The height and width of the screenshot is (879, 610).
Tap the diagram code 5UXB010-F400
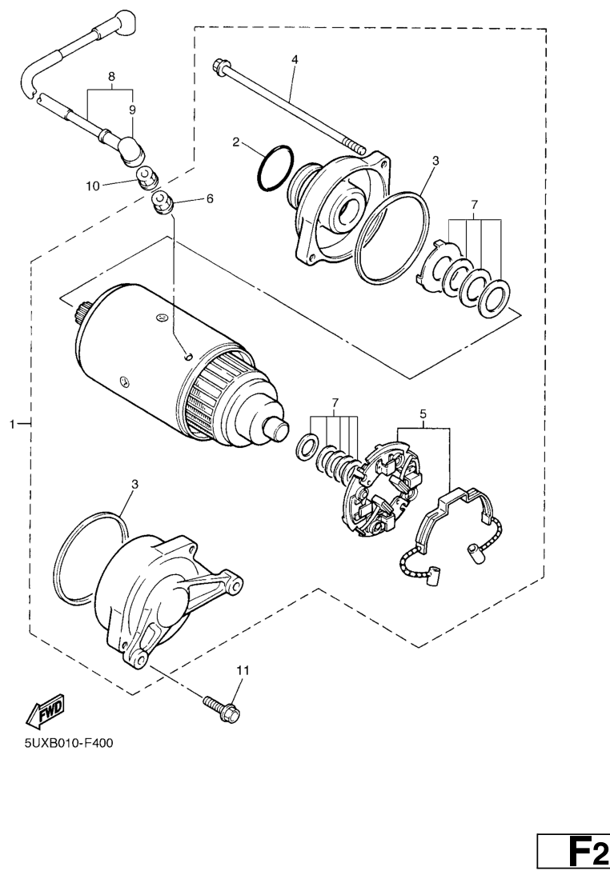(x=69, y=743)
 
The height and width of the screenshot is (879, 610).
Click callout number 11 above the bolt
(x=243, y=670)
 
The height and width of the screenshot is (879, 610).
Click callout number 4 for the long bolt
(x=295, y=59)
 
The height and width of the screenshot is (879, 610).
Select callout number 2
(x=236, y=142)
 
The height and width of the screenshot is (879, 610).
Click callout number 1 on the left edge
(x=12, y=425)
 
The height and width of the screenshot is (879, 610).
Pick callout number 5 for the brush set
(x=423, y=414)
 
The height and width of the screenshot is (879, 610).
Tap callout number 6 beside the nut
(x=210, y=198)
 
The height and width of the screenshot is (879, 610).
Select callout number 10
(x=93, y=186)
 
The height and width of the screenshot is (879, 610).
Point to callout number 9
(x=132, y=110)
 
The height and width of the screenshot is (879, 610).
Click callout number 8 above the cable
(x=111, y=76)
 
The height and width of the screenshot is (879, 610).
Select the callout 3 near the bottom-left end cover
(x=134, y=483)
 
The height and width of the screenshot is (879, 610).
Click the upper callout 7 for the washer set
(x=474, y=202)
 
